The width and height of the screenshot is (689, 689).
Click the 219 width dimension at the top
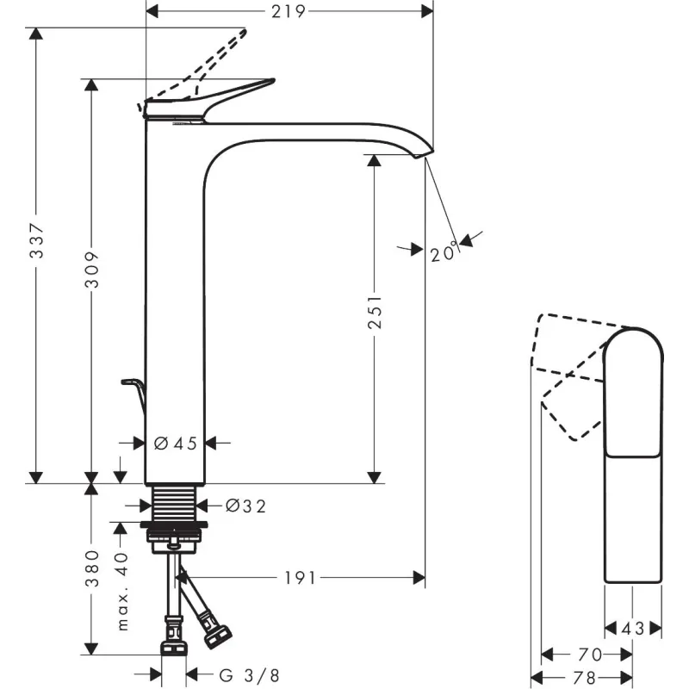(288, 11)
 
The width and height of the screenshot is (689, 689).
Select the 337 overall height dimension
(36, 240)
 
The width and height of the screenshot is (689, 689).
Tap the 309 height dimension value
(92, 270)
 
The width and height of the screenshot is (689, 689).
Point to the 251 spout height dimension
(375, 313)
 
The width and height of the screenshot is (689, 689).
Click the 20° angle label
(444, 251)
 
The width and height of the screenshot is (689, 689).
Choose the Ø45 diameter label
(176, 444)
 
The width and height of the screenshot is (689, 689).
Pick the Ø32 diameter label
(245, 506)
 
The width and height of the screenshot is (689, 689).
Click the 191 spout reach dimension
(301, 578)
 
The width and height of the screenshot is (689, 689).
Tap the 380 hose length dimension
(92, 568)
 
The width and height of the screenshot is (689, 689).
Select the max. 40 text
(122, 592)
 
